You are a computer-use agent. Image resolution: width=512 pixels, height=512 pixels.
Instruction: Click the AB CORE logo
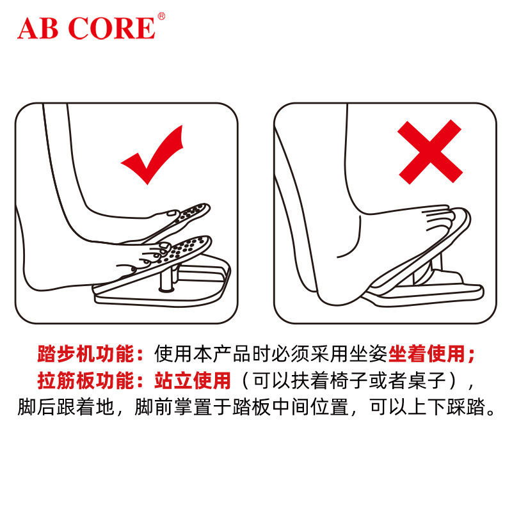tap(87, 28)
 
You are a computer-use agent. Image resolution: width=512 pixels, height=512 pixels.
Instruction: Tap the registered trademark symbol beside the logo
tap(161, 17)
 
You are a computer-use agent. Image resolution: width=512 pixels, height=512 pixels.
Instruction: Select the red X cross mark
tap(429, 152)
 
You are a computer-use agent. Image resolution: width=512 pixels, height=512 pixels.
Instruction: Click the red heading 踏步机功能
tap(86, 354)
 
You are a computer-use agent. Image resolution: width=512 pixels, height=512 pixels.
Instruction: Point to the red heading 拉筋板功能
tap(86, 380)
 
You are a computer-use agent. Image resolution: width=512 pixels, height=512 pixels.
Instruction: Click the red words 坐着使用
tap(426, 354)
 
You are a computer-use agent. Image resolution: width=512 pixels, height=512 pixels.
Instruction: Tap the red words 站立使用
tap(193, 380)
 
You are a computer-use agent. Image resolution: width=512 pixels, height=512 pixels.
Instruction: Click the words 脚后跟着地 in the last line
tap(66, 407)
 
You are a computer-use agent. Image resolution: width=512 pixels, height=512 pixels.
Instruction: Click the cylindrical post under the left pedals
tap(166, 278)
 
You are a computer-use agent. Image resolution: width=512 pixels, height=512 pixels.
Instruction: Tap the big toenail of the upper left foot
tap(171, 213)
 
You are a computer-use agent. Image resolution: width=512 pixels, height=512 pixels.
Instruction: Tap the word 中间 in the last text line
tap(291, 407)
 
